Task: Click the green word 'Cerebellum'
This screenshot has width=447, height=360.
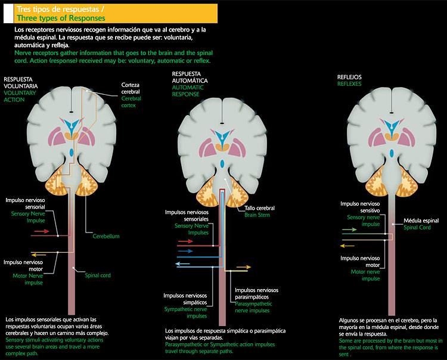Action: point(106,236)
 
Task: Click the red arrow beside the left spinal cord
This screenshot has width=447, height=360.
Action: point(41,230)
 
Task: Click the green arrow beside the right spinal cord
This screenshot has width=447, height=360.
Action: point(349,229)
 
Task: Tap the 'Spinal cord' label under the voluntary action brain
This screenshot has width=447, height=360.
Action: point(97,275)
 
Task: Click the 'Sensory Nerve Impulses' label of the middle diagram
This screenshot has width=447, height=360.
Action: point(191,229)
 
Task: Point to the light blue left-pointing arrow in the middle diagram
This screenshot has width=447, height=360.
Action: point(183,263)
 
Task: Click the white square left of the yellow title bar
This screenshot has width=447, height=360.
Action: point(8,12)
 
